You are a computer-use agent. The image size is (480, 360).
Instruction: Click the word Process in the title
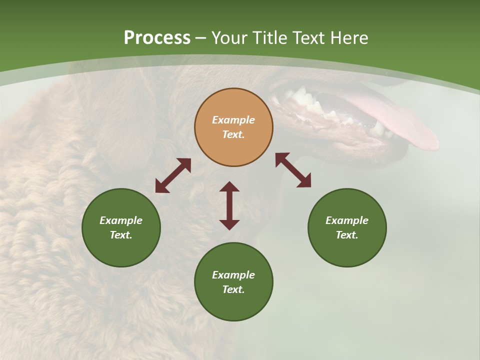click(x=157, y=38)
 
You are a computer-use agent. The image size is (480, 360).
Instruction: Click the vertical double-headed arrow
click(x=229, y=205)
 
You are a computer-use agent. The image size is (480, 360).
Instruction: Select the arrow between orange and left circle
click(x=173, y=175)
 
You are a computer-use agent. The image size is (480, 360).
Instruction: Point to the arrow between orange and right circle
click(x=293, y=170)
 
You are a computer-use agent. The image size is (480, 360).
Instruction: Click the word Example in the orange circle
click(x=233, y=120)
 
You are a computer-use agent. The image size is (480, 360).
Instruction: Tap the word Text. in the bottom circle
click(x=233, y=289)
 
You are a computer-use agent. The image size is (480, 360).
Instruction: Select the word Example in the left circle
click(x=121, y=220)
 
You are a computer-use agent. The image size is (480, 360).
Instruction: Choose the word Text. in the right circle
click(x=347, y=235)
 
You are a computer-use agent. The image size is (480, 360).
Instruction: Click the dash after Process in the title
click(x=200, y=38)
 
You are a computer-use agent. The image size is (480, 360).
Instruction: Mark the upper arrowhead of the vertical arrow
click(x=229, y=186)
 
